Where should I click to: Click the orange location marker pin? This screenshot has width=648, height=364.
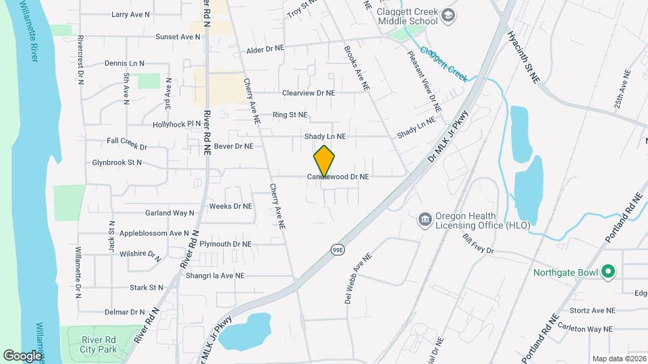coord(325,160)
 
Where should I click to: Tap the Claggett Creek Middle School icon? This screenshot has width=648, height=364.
coord(448,15)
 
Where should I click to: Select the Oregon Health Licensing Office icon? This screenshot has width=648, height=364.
coord(425,219)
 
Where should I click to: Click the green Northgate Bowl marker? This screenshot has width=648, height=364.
coord(608,272)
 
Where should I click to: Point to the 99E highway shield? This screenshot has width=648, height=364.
coord(338,249)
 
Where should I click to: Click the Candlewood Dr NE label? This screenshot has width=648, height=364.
coord(338,177)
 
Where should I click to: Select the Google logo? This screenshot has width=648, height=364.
coord(22,355)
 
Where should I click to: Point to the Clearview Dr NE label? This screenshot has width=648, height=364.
coord(308,93)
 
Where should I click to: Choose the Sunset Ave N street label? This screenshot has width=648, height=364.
coord(178,37)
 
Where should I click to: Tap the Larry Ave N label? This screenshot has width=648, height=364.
coord(131,14)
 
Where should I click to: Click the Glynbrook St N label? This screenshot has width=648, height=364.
coord(117,162)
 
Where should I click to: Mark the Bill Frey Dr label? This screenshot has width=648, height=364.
coord(479,244)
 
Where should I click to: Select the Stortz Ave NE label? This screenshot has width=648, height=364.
coord(592,311)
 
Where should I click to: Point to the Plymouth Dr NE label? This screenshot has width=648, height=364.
coord(225,244)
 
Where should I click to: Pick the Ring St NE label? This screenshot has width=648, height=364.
coord(290,115)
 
